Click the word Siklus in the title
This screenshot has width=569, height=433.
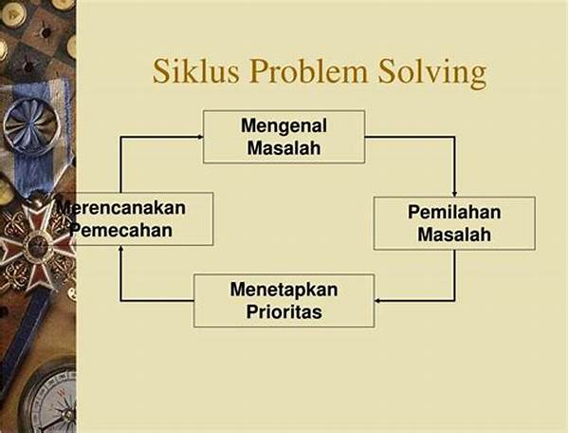pyautogui.click(x=196, y=71)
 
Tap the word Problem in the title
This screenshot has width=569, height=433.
pyautogui.click(x=309, y=71)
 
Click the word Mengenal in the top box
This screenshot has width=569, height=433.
pyautogui.click(x=284, y=125)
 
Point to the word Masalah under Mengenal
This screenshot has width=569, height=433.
pyautogui.click(x=284, y=148)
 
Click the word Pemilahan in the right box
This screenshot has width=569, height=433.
pyautogui.click(x=454, y=212)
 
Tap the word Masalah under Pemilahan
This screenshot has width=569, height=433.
pyautogui.click(x=454, y=235)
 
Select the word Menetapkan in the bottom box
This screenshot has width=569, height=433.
pyautogui.click(x=284, y=290)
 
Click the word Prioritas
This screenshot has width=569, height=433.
pyautogui.click(x=284, y=312)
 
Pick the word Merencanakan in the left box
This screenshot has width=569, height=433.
pyautogui.click(x=120, y=208)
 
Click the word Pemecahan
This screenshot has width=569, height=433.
pyautogui.click(x=122, y=231)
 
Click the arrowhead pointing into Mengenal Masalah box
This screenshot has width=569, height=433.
pyautogui.click(x=199, y=137)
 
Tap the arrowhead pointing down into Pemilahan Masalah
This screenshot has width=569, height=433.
pyautogui.click(x=454, y=194)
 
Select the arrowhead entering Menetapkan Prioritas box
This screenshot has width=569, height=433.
pyautogui.click(x=378, y=300)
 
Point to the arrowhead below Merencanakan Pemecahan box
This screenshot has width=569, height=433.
pyautogui.click(x=120, y=249)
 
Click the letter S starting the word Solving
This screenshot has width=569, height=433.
pyautogui.click(x=386, y=71)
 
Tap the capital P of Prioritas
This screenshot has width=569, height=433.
pyautogui.click(x=251, y=311)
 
